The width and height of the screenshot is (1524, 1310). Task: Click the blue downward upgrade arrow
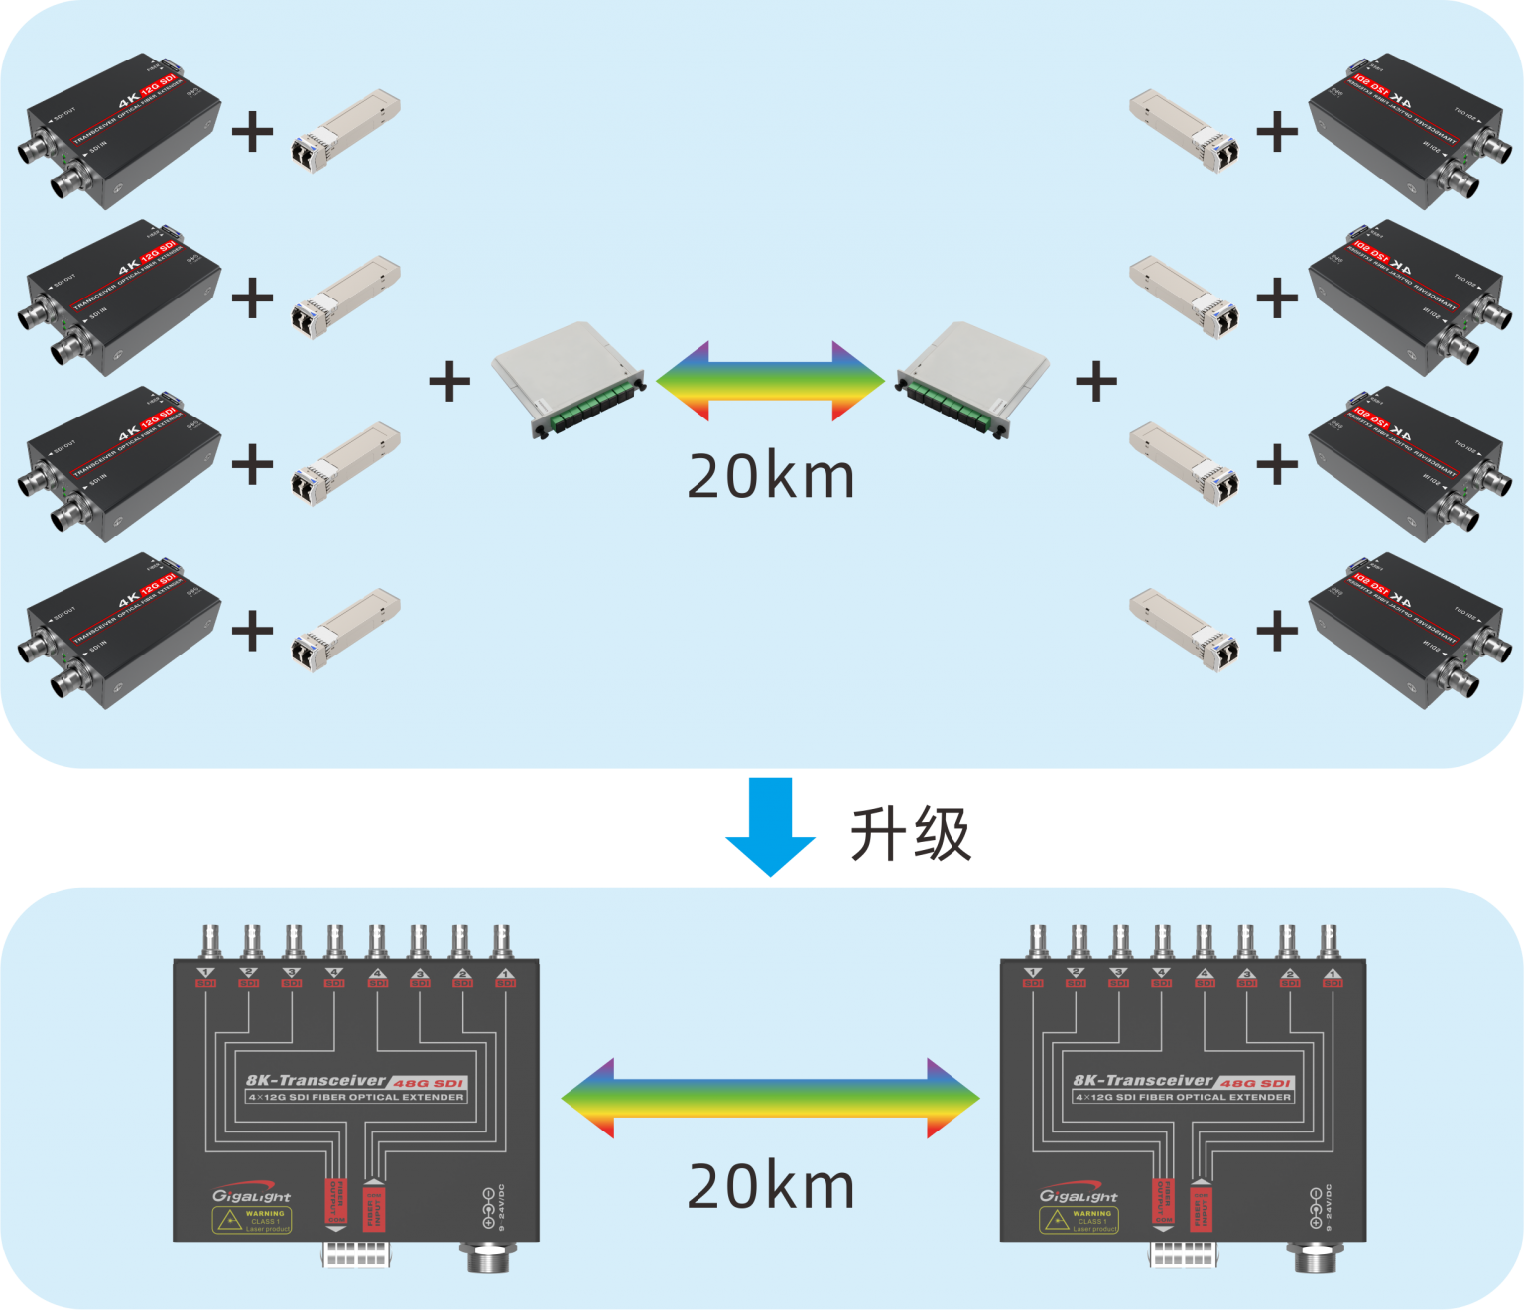(771, 826)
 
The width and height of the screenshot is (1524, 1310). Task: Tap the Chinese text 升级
(910, 834)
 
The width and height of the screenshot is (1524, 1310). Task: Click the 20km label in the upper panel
(771, 477)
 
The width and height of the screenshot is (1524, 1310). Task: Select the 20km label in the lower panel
(771, 1186)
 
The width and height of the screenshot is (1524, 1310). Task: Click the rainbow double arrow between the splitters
(771, 381)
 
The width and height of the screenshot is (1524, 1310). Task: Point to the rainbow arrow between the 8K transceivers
(771, 1098)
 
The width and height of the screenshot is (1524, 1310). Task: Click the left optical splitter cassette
(570, 380)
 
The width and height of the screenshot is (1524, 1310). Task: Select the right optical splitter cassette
(972, 380)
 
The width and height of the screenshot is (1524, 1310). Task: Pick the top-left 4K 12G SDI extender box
(119, 131)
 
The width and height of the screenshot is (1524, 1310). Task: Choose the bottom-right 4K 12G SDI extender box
(1409, 631)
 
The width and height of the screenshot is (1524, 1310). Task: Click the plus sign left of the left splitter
(449, 381)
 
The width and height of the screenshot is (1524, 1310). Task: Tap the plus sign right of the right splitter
(1096, 381)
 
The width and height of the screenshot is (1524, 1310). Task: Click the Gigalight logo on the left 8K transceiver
(251, 1195)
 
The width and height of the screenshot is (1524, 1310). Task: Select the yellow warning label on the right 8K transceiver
(1079, 1220)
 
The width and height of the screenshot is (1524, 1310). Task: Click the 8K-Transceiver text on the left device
(316, 1081)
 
